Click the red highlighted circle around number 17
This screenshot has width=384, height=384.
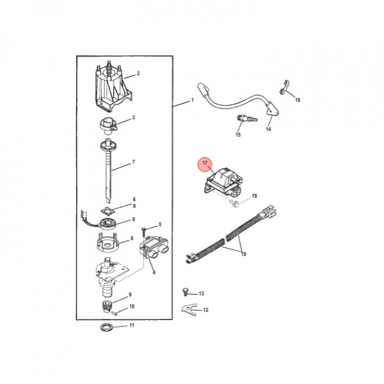click(205, 163)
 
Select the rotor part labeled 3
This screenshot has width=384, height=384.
click(108, 126)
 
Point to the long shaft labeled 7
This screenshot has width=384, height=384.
click(109, 171)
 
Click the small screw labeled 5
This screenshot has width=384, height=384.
click(144, 231)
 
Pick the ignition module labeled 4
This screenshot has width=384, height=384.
click(154, 248)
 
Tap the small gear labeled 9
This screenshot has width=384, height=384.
click(106, 307)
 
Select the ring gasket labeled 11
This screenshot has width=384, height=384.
click(107, 327)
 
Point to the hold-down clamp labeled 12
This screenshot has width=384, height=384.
click(189, 310)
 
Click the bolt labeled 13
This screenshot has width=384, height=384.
click(186, 292)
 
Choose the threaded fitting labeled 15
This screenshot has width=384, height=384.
click(247, 119)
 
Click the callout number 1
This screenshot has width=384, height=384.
click(192, 100)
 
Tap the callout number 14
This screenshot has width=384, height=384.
click(268, 129)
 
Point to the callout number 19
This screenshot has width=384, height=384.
click(243, 254)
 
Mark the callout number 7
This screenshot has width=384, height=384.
click(133, 162)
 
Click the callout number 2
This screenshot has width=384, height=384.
click(138, 73)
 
